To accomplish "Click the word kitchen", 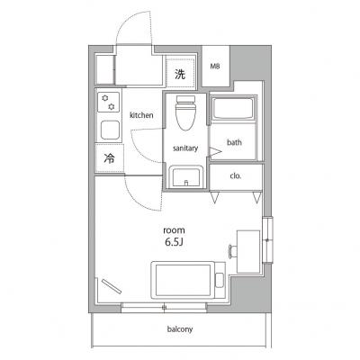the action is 141,115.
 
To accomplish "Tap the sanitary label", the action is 185,148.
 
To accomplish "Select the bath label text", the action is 234,142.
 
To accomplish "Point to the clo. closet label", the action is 236,176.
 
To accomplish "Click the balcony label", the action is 180,329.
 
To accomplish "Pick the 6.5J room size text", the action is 174,242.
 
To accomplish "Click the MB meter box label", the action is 214,67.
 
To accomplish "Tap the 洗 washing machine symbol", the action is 180,74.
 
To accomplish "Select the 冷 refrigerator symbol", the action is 109,158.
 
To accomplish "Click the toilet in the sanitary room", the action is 185,112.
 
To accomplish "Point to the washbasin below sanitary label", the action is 184,177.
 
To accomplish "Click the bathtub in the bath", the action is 233,108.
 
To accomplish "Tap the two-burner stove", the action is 108,103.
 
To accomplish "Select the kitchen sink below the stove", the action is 110,130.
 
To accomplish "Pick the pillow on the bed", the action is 220,280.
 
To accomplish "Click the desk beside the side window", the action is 248,252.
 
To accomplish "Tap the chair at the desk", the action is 233,251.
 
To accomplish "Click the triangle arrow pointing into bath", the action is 215,153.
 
